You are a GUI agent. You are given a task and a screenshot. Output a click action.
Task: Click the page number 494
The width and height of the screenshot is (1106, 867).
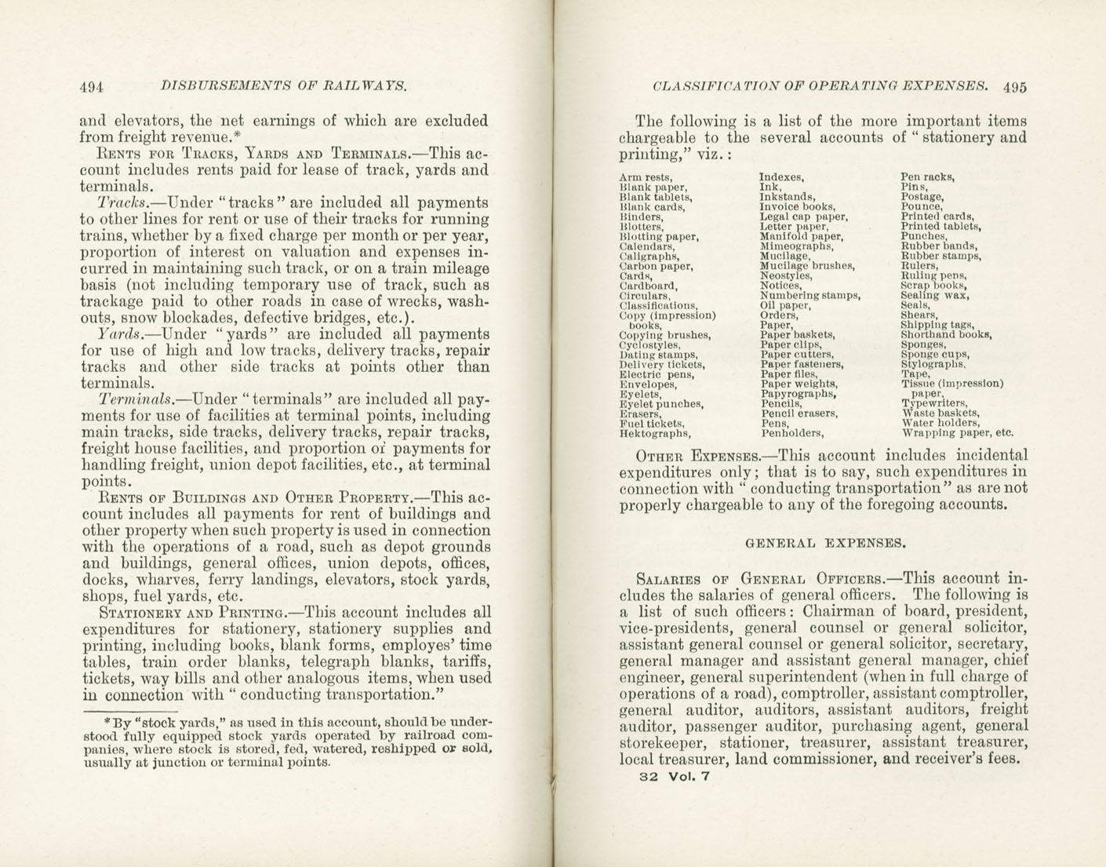92,86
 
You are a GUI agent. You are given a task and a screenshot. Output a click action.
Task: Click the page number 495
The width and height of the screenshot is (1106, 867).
1014,87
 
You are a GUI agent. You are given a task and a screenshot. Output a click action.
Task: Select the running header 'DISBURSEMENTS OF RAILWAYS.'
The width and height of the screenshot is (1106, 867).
283,86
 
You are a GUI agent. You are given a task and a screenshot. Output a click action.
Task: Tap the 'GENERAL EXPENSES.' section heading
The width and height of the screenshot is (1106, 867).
824,542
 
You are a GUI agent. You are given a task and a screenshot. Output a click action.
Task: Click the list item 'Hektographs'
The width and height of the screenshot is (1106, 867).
655,433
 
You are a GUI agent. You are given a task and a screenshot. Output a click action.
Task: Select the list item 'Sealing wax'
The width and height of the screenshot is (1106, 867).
935,295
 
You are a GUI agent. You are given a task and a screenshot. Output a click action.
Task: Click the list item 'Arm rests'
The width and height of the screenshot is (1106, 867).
646,177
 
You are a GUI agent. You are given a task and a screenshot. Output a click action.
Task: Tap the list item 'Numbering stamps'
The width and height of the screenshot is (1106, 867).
809,296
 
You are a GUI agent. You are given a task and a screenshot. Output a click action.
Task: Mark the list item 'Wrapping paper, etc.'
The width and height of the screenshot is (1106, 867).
957,432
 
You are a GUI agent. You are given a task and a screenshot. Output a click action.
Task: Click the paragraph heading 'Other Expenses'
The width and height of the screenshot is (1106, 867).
697,456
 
